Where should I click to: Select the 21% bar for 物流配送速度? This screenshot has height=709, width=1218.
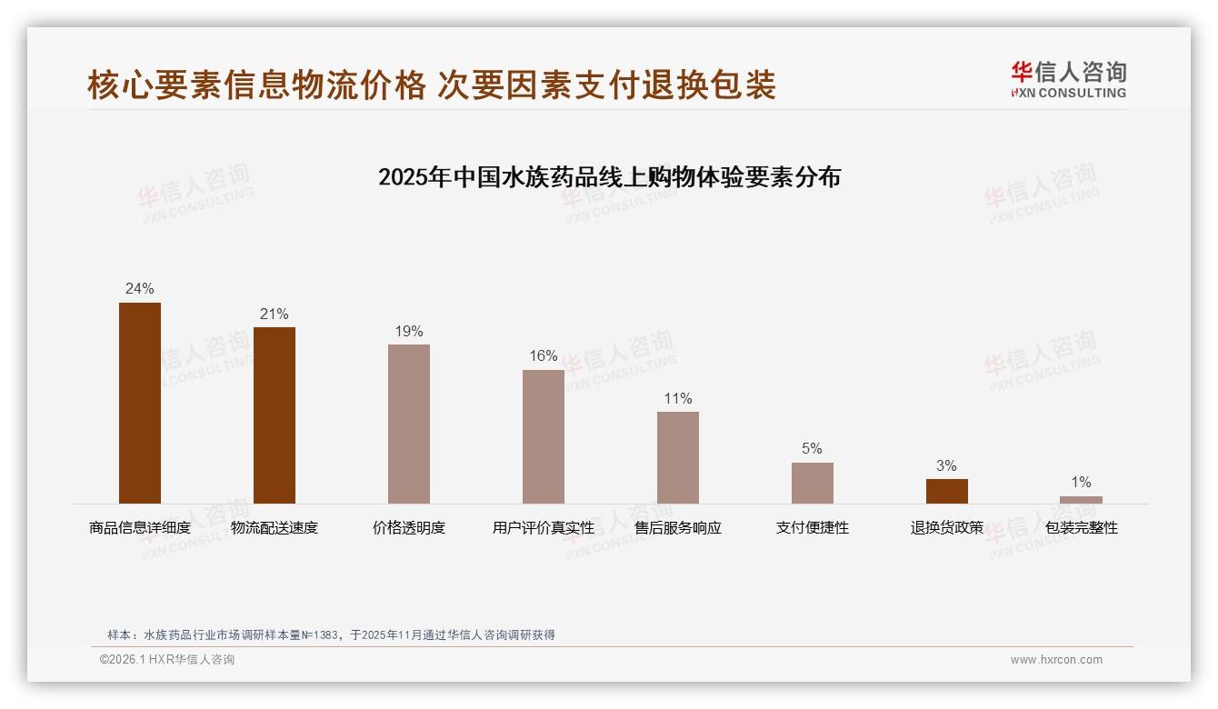(x=275, y=415)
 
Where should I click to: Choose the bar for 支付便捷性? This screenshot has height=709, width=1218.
(x=813, y=483)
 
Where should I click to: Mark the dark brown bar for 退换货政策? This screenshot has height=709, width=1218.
(x=947, y=491)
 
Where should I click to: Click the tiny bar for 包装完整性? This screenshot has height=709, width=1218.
(x=1081, y=499)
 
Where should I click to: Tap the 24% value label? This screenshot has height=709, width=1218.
(x=140, y=289)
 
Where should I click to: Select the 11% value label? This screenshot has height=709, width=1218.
(x=678, y=398)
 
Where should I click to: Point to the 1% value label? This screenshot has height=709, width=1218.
(x=1081, y=483)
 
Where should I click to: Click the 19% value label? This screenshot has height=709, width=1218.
(x=409, y=331)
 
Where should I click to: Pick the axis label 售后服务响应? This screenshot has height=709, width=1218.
(x=678, y=528)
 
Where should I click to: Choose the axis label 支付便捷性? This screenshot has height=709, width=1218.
(x=813, y=528)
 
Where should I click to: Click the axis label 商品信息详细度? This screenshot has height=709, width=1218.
(x=140, y=528)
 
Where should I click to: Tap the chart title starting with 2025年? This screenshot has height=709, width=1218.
(x=609, y=176)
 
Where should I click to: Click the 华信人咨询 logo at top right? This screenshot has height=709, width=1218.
(x=1068, y=79)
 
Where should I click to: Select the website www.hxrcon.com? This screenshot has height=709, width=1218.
(x=1056, y=660)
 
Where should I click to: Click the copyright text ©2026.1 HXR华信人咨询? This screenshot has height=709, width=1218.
(x=167, y=660)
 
